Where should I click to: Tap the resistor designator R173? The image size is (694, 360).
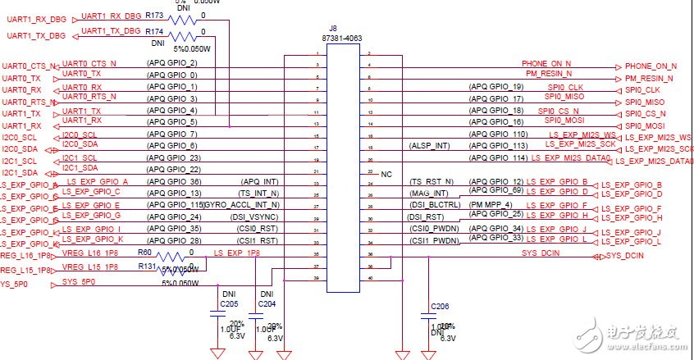[154, 15]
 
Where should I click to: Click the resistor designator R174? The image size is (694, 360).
[154, 31]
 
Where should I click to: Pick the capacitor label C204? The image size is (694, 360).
[266, 303]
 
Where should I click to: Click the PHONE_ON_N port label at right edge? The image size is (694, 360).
[651, 66]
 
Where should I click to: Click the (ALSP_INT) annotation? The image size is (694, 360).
[431, 146]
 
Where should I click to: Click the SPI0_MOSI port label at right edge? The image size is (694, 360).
[645, 125]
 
